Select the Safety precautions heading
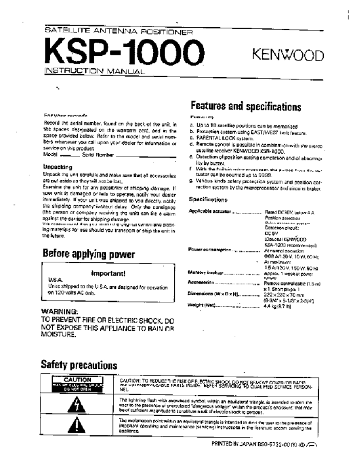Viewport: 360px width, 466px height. (x=78, y=364)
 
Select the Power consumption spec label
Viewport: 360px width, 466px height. (x=209, y=249)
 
